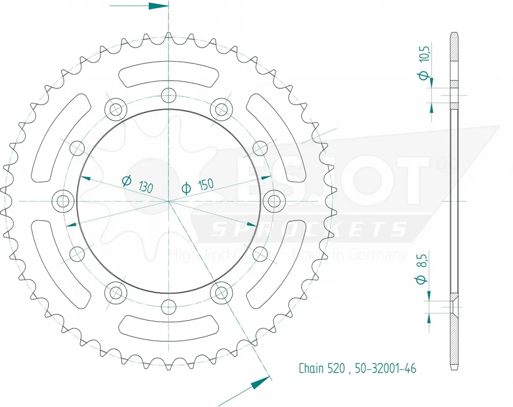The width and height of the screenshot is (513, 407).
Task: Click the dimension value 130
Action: [x=145, y=186]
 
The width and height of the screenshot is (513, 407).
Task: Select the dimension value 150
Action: [x=205, y=184]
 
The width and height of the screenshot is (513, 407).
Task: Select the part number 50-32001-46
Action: [x=385, y=368]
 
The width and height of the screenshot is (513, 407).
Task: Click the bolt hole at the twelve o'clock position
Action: [x=168, y=95]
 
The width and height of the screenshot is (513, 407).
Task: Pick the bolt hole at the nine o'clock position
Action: [x=63, y=200]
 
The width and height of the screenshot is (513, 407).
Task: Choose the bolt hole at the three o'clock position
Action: [x=274, y=200]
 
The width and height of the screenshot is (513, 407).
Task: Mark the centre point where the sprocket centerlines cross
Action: [x=168, y=200]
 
